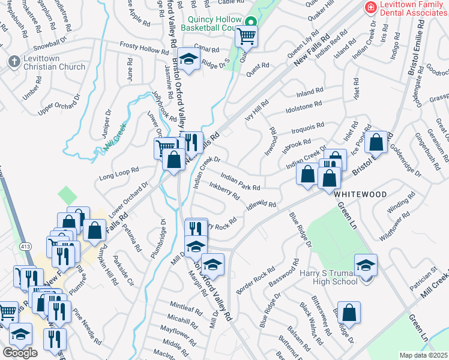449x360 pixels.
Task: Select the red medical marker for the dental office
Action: tap(371, 7)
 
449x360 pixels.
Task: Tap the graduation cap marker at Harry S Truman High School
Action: tap(366, 265)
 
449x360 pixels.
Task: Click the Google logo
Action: tap(20, 352)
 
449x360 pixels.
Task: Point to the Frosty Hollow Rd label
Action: tap(141, 46)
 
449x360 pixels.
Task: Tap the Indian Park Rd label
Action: tap(240, 182)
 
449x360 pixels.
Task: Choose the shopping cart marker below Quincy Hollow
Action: tap(246, 37)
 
